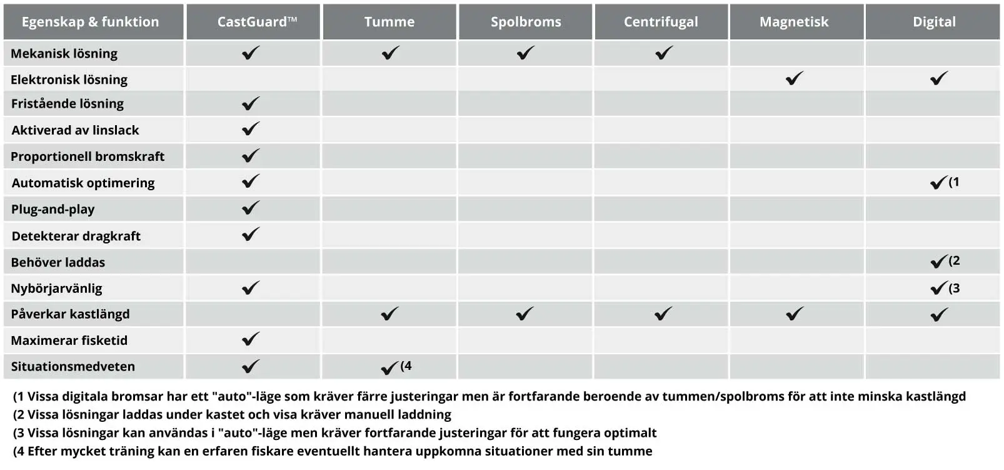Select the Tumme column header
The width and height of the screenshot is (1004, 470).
pos(389,22)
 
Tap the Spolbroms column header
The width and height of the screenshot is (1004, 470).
pos(526,22)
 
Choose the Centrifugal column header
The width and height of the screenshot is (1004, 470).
pos(661,22)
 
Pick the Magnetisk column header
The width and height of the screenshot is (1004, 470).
pos(794,22)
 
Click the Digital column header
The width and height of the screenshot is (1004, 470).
pos(934,22)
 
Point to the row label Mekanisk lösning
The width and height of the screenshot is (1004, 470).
pos(64,54)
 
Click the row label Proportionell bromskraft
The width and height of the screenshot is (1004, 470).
pos(88,156)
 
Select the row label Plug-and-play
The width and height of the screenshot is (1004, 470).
pos(53,209)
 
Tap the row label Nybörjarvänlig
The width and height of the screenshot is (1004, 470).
pos(56,289)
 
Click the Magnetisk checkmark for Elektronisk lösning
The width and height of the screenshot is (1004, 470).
pos(795,79)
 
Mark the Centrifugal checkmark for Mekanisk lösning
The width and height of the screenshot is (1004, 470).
pos(664,53)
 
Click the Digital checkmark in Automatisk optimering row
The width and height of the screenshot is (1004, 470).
pos(938,183)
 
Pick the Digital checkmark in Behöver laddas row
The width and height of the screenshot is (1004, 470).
pos(938,262)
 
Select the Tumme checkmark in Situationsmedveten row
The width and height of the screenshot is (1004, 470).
pos(389,367)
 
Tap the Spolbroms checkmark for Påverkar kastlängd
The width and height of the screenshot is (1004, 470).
pos(525,314)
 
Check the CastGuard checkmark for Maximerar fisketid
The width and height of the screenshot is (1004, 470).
pos(251,339)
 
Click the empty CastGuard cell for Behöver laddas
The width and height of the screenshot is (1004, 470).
pos(253,262)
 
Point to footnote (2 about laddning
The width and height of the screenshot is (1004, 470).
pos(232,414)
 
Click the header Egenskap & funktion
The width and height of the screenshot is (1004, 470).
pos(90,22)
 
